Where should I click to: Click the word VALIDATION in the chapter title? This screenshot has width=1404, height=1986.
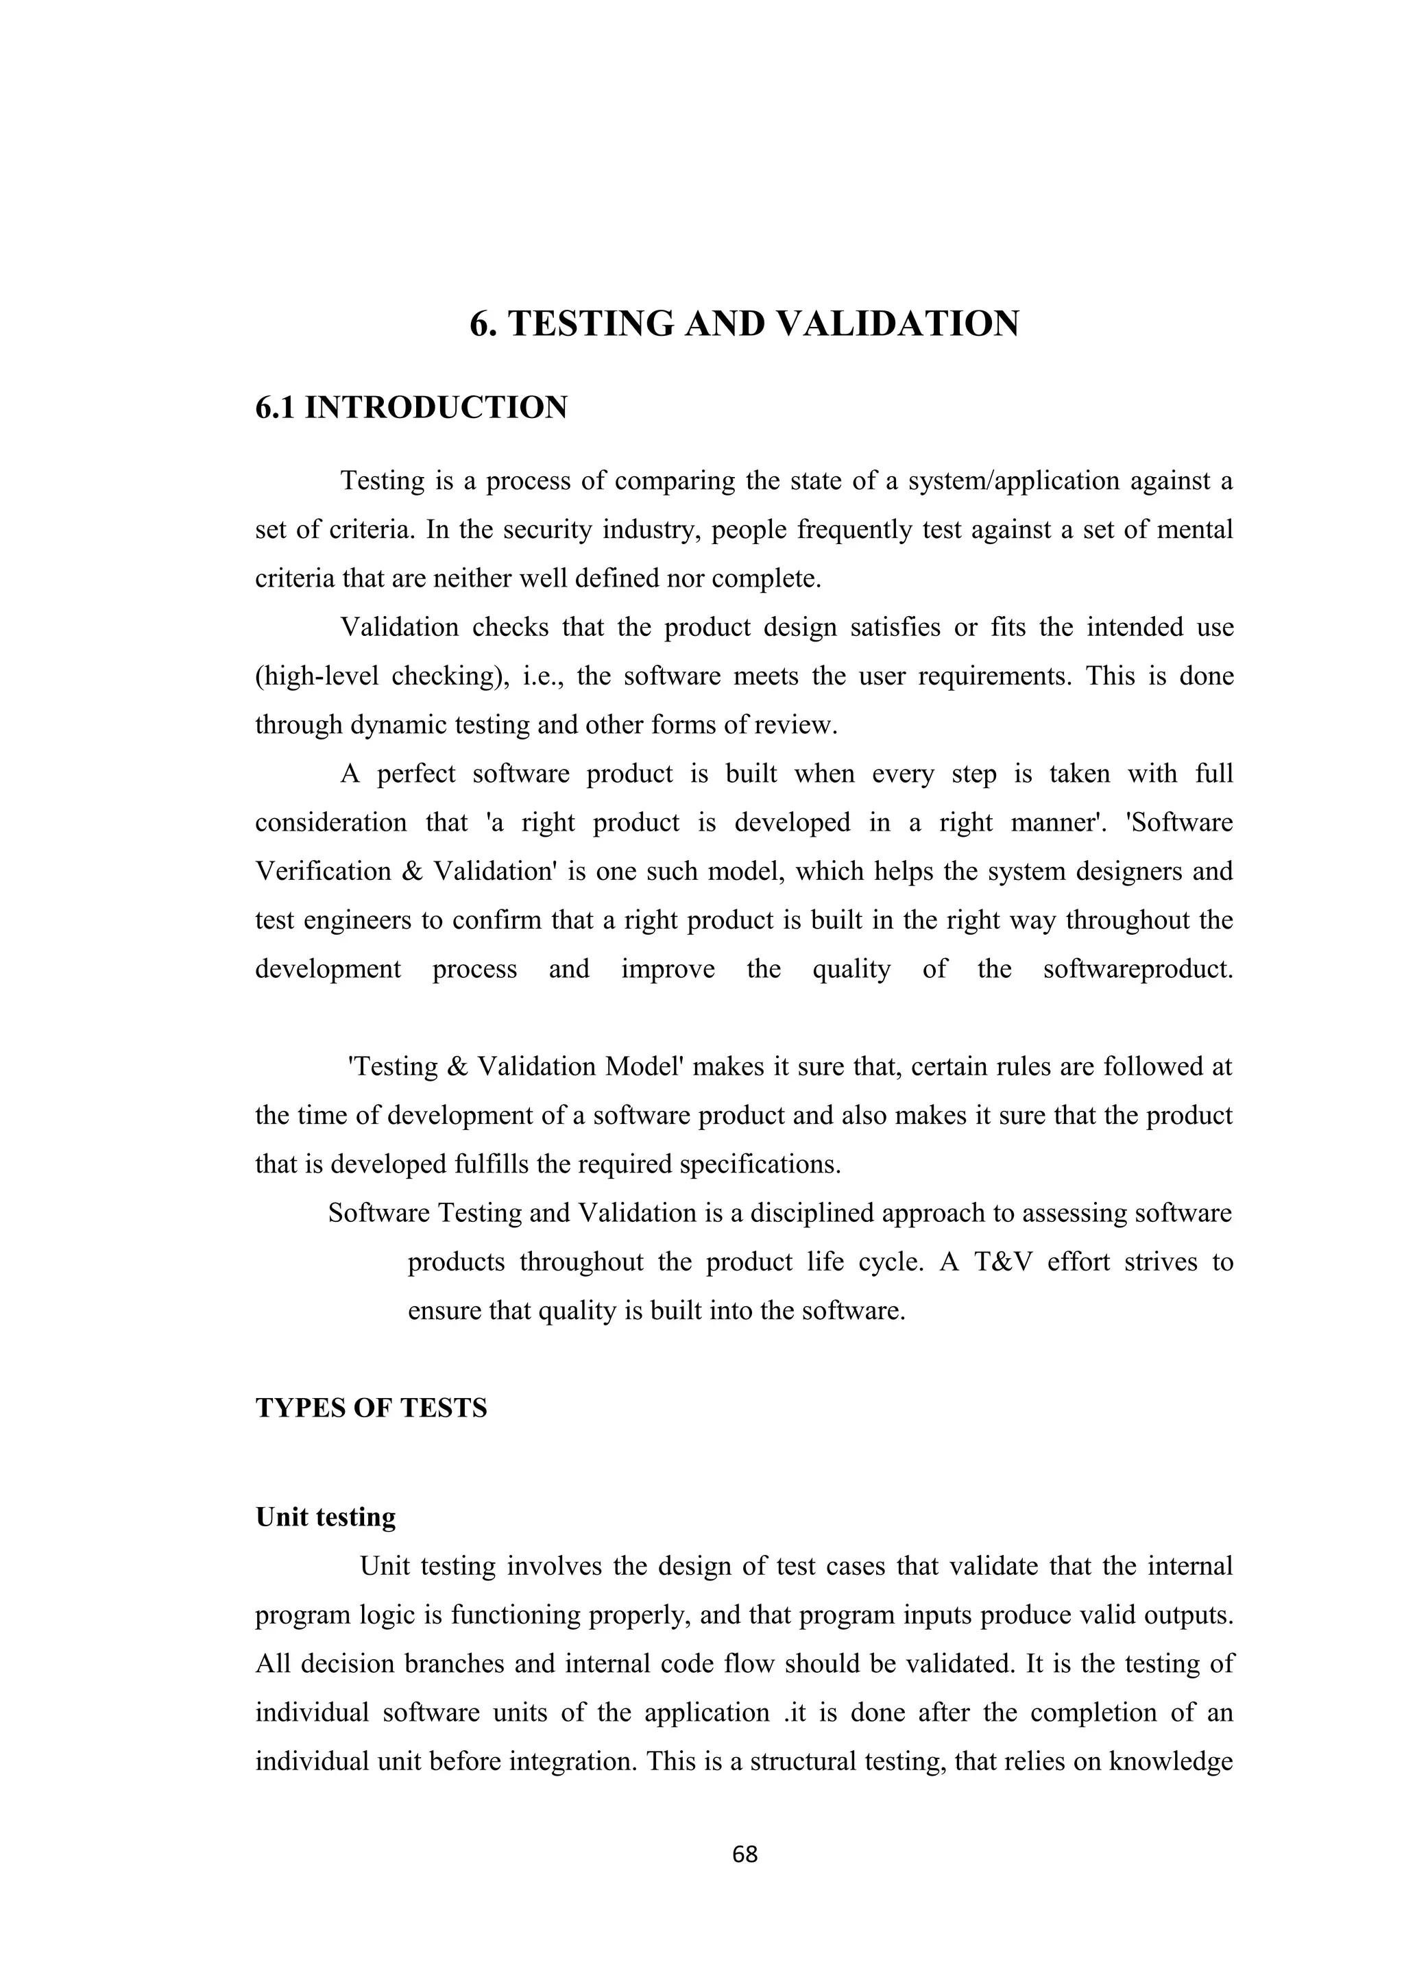[899, 323]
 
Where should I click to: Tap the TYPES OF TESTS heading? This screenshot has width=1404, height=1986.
[371, 1408]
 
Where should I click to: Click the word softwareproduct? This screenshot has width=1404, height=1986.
[1137, 969]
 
